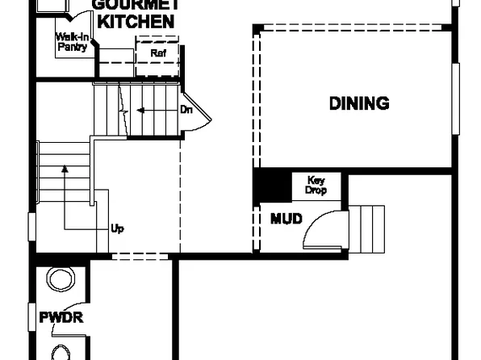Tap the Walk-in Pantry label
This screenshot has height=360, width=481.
pyautogui.click(x=71, y=42)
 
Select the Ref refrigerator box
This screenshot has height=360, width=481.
pyautogui.click(x=157, y=55)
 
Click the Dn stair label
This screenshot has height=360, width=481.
pyautogui.click(x=186, y=109)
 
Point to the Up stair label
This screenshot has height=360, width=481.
pyautogui.click(x=117, y=228)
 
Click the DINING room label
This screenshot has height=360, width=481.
pyautogui.click(x=359, y=103)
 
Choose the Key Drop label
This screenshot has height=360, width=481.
pyautogui.click(x=316, y=186)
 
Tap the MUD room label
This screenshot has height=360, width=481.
pyautogui.click(x=287, y=219)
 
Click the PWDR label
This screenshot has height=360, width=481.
pyautogui.click(x=61, y=317)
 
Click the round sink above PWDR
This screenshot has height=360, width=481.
pyautogui.click(x=61, y=279)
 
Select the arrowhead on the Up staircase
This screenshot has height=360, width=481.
pyautogui.click(x=63, y=170)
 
